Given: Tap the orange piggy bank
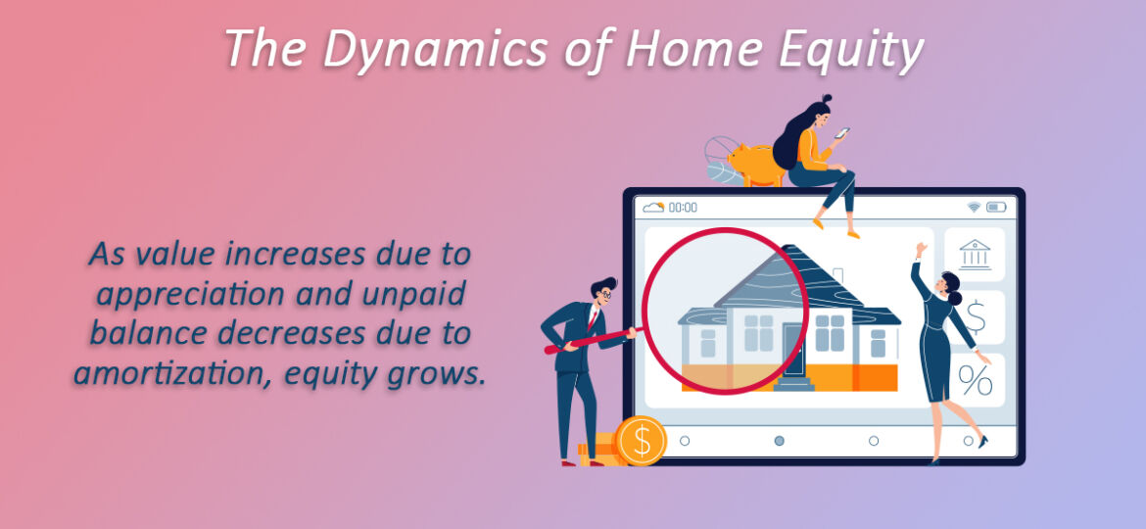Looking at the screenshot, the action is click(757, 163).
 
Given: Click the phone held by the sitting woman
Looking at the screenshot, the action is click(842, 133).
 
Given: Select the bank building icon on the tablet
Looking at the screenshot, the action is click(975, 255).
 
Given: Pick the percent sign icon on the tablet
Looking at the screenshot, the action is click(975, 380).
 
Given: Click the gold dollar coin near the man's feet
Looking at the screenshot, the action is click(641, 441).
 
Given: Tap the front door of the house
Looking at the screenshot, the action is click(792, 351).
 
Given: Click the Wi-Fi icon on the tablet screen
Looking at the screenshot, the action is click(974, 208).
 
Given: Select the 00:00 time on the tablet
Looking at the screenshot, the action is click(683, 208).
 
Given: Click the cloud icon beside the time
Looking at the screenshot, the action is click(652, 208).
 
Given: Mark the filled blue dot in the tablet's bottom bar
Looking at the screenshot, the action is click(779, 441).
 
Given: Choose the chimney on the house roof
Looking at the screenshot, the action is click(838, 274).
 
